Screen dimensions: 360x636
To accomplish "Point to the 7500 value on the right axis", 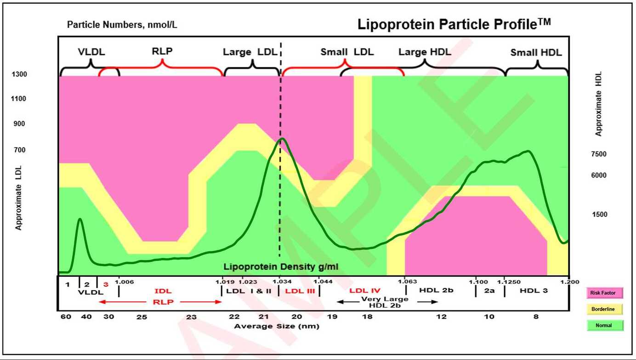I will pyautogui.click(x=598, y=154).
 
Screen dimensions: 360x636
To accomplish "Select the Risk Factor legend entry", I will pyautogui.click(x=605, y=292).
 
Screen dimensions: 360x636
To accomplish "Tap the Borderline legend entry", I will pyautogui.click(x=605, y=309).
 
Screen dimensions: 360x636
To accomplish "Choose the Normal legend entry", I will pyautogui.click(x=605, y=326).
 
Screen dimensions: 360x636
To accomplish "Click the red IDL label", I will pyautogui.click(x=163, y=291).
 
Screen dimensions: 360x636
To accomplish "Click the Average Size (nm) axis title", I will pyautogui.click(x=277, y=326).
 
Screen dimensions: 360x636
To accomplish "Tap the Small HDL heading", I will pyautogui.click(x=536, y=53).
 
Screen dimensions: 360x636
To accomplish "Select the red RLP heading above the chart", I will pyautogui.click(x=162, y=51).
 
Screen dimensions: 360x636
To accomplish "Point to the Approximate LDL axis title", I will pyautogui.click(x=19, y=198).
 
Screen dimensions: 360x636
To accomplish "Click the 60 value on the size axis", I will pyautogui.click(x=66, y=317).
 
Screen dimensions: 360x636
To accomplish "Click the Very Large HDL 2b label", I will pyautogui.click(x=385, y=302).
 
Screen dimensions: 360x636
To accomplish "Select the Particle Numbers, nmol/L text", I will pyautogui.click(x=122, y=25).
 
